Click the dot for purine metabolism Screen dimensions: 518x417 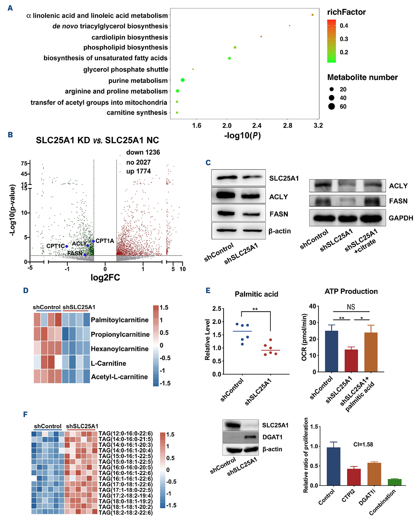click(183, 80)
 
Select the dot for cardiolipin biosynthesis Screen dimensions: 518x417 click(261, 36)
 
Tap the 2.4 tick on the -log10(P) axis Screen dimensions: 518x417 click(257, 126)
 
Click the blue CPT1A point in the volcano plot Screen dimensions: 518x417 click(93, 241)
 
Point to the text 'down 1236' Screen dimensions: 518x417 click(143, 152)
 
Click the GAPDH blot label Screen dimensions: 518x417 click(401, 218)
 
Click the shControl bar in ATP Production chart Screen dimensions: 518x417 click(332, 351)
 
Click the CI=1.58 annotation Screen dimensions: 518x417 click(363, 444)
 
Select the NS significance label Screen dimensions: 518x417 click(351, 307)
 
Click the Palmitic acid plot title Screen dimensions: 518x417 click(256, 294)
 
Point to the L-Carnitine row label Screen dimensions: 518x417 click(108, 363)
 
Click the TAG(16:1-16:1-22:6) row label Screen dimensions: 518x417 click(125, 478)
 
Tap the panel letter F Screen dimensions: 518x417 click(25, 414)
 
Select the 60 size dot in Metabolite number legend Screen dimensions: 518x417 click(332, 106)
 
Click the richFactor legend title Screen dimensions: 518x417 click(346, 12)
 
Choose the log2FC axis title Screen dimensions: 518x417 click(105, 278)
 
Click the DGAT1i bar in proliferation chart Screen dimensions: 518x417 click(374, 474)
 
